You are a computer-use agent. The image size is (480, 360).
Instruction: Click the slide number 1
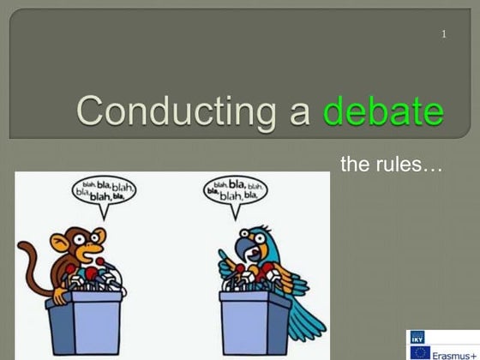pyautogui.click(x=444, y=34)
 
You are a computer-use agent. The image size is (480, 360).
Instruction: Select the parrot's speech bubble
pyautogui.click(x=235, y=192)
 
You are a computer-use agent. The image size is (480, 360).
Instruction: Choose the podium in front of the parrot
pyautogui.click(x=255, y=321)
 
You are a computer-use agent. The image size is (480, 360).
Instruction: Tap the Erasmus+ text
pyautogui.click(x=454, y=353)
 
